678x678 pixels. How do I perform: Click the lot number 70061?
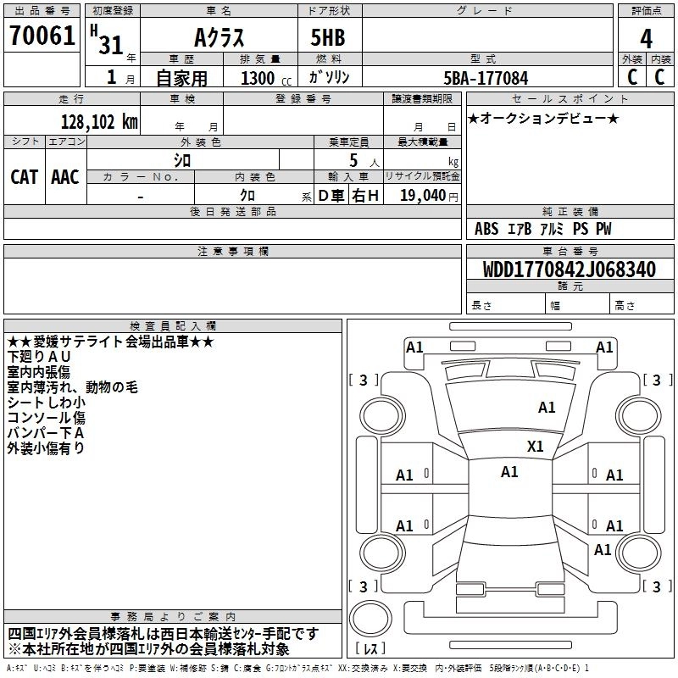(x=41, y=36)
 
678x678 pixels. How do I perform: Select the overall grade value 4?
(x=646, y=38)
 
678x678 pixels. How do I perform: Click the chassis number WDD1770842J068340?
(x=568, y=270)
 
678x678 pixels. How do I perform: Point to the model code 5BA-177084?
(x=486, y=78)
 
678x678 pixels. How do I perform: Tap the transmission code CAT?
(x=24, y=176)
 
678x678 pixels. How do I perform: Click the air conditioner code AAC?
(x=65, y=176)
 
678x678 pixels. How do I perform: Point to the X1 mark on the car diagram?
(x=535, y=446)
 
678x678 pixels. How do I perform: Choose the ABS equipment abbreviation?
(x=486, y=229)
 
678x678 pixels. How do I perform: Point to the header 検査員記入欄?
(x=173, y=325)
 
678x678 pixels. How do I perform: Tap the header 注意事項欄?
(x=232, y=251)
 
